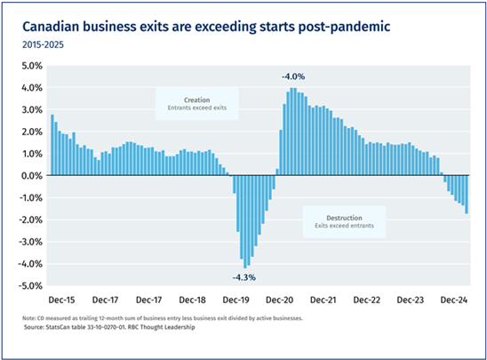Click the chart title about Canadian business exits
tap(206, 27)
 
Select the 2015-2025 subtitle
tap(43, 44)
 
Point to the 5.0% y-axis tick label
tap(32, 66)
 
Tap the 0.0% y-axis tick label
tap(32, 176)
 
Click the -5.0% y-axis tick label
tap(31, 285)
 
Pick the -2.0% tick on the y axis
tap(31, 220)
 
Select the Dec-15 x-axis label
tap(61, 300)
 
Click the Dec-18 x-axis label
tap(192, 300)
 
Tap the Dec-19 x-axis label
tap(236, 300)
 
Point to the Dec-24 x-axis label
tap(454, 300)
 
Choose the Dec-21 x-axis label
tap(323, 300)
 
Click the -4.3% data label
tap(244, 277)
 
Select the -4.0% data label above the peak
tap(293, 76)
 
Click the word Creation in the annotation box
tap(197, 100)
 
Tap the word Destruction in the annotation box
tap(344, 218)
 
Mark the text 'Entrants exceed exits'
tap(197, 108)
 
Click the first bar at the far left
tap(52, 145)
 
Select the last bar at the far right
tap(467, 195)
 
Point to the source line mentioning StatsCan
tap(109, 327)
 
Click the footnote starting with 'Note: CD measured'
tap(163, 318)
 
